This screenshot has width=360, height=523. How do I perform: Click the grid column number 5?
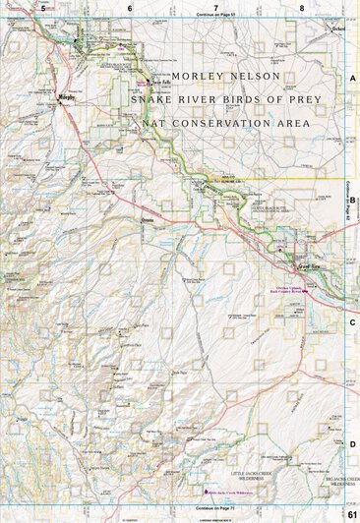tap(43, 7)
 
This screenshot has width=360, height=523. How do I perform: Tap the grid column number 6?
tap(129, 7)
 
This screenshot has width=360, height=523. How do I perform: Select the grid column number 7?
tap(215, 7)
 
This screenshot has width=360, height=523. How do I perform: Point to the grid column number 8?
tap(302, 7)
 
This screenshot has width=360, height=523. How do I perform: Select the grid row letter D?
tap(352, 443)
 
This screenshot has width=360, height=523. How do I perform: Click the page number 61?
tap(351, 514)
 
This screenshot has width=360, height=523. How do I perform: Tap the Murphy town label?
tap(67, 98)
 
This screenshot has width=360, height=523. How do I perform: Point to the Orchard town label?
tap(340, 29)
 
